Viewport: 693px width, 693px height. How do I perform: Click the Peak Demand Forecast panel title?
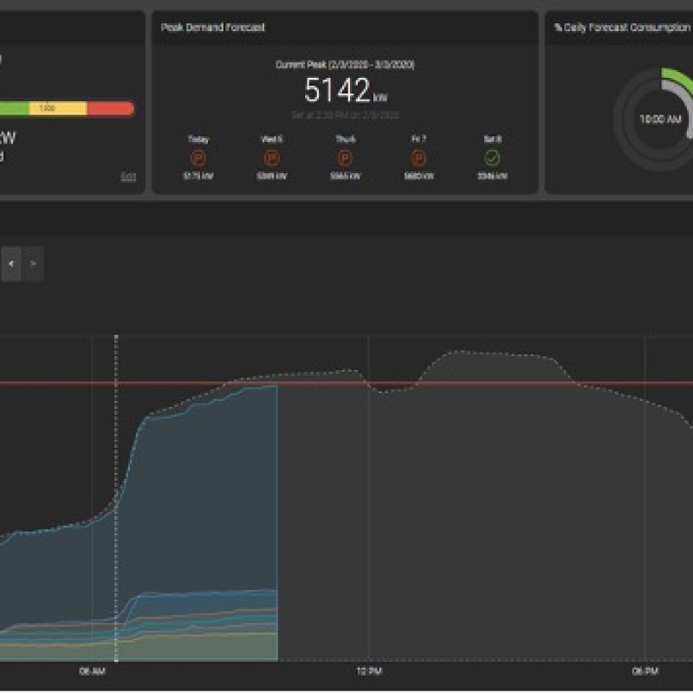pos(212,28)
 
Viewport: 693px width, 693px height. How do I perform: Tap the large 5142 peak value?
pos(338,90)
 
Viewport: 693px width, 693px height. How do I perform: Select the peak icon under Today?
pos(198,159)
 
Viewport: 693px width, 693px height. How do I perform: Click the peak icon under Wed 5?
pos(272,159)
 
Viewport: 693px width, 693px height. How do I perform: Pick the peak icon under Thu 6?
pos(345,159)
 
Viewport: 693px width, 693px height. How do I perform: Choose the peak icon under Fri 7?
pos(418,159)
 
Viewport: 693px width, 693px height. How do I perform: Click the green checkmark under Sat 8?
pos(492,159)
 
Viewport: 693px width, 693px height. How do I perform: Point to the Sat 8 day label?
pos(492,139)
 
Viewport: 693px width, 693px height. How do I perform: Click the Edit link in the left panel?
pos(128,176)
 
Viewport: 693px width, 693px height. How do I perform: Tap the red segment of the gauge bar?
pos(111,109)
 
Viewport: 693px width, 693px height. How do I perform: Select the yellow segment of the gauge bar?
pos(59,109)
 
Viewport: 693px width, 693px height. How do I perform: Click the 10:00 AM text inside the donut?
pos(660,120)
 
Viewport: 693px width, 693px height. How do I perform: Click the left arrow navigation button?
pos(11,263)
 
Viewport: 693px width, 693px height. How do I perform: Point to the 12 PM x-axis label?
pos(369,671)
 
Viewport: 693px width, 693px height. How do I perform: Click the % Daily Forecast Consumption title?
pos(622,28)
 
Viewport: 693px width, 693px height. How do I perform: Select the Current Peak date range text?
pos(345,65)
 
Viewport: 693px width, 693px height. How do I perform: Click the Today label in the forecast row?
pos(198,139)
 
